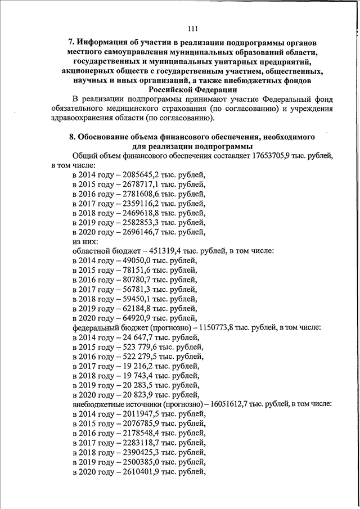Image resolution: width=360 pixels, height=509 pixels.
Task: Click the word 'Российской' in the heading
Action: click(172, 89)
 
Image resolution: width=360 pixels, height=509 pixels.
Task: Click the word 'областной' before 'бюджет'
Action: click(92, 250)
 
